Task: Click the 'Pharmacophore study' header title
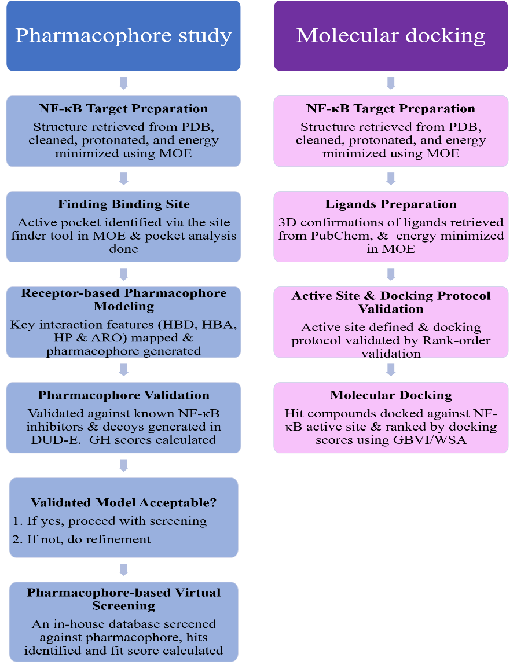coord(123,36)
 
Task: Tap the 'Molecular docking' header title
coord(391,36)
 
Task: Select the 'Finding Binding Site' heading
coord(123,204)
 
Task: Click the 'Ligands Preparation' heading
coord(391,204)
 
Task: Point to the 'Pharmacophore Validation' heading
coord(123,396)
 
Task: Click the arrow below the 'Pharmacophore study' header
coord(123,83)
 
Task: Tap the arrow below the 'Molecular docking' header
coord(391,83)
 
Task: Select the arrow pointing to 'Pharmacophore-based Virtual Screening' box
coord(123,570)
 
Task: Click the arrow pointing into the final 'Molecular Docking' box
coord(391,369)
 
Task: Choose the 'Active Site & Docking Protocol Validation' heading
coord(391,302)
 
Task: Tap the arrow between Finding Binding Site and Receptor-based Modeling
coord(123,274)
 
